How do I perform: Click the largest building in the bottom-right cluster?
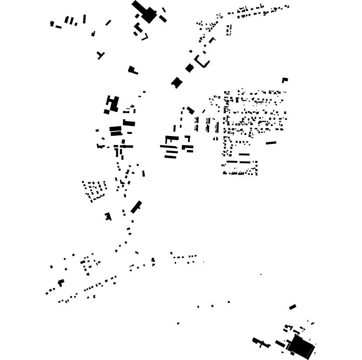[x=301, y=346]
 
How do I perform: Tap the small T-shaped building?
[x=100, y=55]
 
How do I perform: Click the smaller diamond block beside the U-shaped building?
[x=190, y=68]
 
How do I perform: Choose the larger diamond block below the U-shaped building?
[x=177, y=82]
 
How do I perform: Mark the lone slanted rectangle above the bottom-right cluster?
[x=293, y=307]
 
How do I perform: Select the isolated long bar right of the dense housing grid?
[x=271, y=143]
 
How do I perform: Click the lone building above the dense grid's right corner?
[x=285, y=80]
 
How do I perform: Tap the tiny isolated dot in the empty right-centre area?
[x=261, y=274]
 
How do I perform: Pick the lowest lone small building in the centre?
[x=178, y=323]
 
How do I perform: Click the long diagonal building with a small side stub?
[x=136, y=207]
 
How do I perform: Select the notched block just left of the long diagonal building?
[x=108, y=216]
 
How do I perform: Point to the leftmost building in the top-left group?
[x=52, y=24]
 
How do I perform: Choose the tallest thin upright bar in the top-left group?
[x=84, y=19]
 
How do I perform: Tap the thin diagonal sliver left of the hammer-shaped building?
[x=108, y=23]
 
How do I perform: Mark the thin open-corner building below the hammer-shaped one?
[x=145, y=37]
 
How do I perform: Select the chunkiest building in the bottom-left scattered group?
[x=61, y=282]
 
